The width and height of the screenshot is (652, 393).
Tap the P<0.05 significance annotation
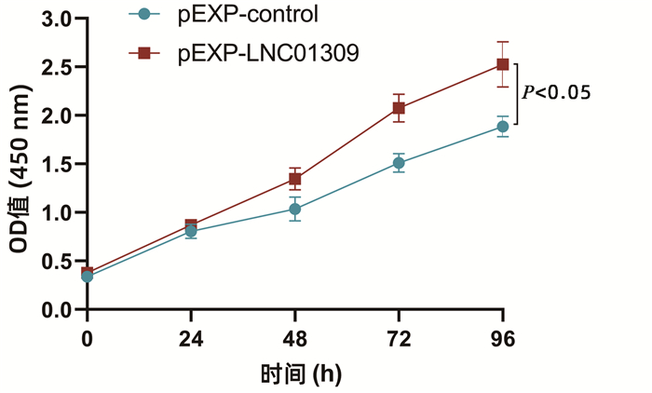(557, 92)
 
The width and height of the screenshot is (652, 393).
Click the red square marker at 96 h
(503, 64)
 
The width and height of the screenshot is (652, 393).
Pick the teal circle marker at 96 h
(503, 127)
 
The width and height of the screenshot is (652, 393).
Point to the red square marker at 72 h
(399, 108)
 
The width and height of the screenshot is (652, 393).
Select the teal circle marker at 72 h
(399, 163)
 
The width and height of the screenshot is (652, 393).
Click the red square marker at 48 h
(294, 179)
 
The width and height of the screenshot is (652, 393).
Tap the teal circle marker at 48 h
(294, 210)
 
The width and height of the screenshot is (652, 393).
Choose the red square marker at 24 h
(191, 225)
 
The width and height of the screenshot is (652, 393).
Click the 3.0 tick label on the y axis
(57, 19)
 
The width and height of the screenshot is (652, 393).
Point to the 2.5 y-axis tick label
(57, 67)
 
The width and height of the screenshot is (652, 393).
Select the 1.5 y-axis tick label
(57, 164)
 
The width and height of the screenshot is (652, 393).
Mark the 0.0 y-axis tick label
(57, 309)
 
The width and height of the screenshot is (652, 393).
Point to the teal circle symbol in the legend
(143, 15)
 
